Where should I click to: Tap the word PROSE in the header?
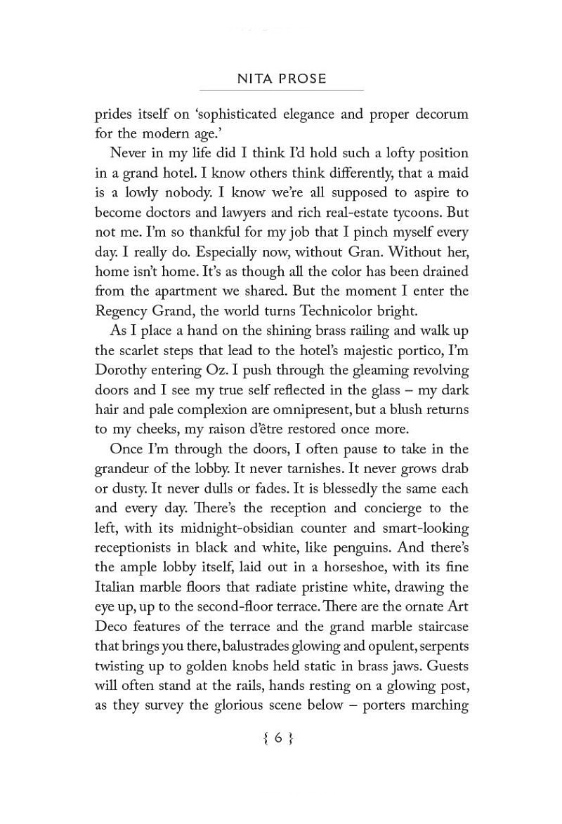pos(302,79)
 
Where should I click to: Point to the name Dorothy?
pos(121,370)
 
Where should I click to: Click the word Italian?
pos(117,587)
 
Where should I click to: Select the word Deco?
pos(112,626)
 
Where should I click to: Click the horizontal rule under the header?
pos(281,91)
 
